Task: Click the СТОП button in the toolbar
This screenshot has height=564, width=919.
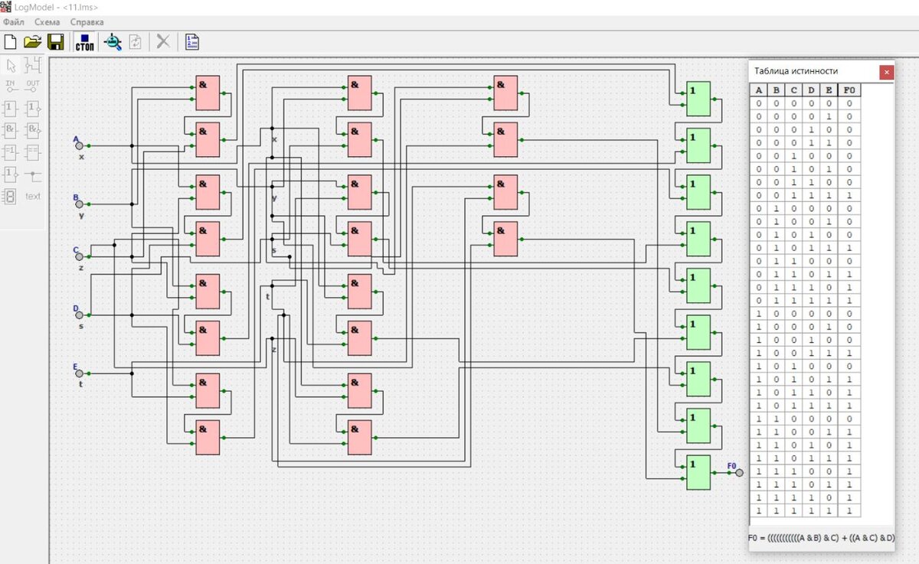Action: point(84,42)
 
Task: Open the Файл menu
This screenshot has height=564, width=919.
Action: point(14,22)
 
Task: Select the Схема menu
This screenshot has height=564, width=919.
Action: point(47,22)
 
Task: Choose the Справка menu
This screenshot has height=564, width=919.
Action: point(87,22)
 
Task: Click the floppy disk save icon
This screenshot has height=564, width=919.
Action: point(56,42)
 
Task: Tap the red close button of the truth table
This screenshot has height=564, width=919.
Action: point(887,72)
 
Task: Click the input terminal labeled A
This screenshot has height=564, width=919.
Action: point(79,145)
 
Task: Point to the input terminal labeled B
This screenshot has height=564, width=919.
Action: point(79,204)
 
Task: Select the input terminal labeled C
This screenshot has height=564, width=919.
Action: point(79,256)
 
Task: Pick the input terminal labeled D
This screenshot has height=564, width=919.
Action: point(79,315)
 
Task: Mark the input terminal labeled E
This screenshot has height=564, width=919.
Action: point(79,373)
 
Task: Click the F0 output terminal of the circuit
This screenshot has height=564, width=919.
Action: point(739,472)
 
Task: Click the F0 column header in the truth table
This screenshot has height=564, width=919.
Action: point(848,90)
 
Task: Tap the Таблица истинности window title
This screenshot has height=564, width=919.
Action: point(796,71)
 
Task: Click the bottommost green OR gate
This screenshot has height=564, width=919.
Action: point(698,472)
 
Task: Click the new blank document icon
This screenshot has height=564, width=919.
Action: point(11,42)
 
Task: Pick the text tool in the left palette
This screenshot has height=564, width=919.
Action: point(33,196)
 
